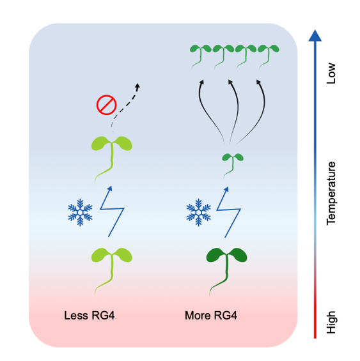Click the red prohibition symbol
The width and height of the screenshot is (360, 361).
107,105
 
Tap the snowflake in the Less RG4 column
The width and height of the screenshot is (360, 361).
80,212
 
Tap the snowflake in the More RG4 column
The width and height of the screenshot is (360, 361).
198,212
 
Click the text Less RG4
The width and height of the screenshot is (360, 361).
90,316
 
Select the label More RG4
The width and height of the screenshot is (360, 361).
211,316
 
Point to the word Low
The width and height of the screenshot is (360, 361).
331,73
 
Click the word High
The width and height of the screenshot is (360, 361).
331,322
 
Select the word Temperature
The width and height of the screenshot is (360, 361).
331,194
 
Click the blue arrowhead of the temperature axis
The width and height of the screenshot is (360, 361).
315,36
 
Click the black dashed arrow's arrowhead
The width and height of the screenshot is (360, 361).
137,86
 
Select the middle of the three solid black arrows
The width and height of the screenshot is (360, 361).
236,111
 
